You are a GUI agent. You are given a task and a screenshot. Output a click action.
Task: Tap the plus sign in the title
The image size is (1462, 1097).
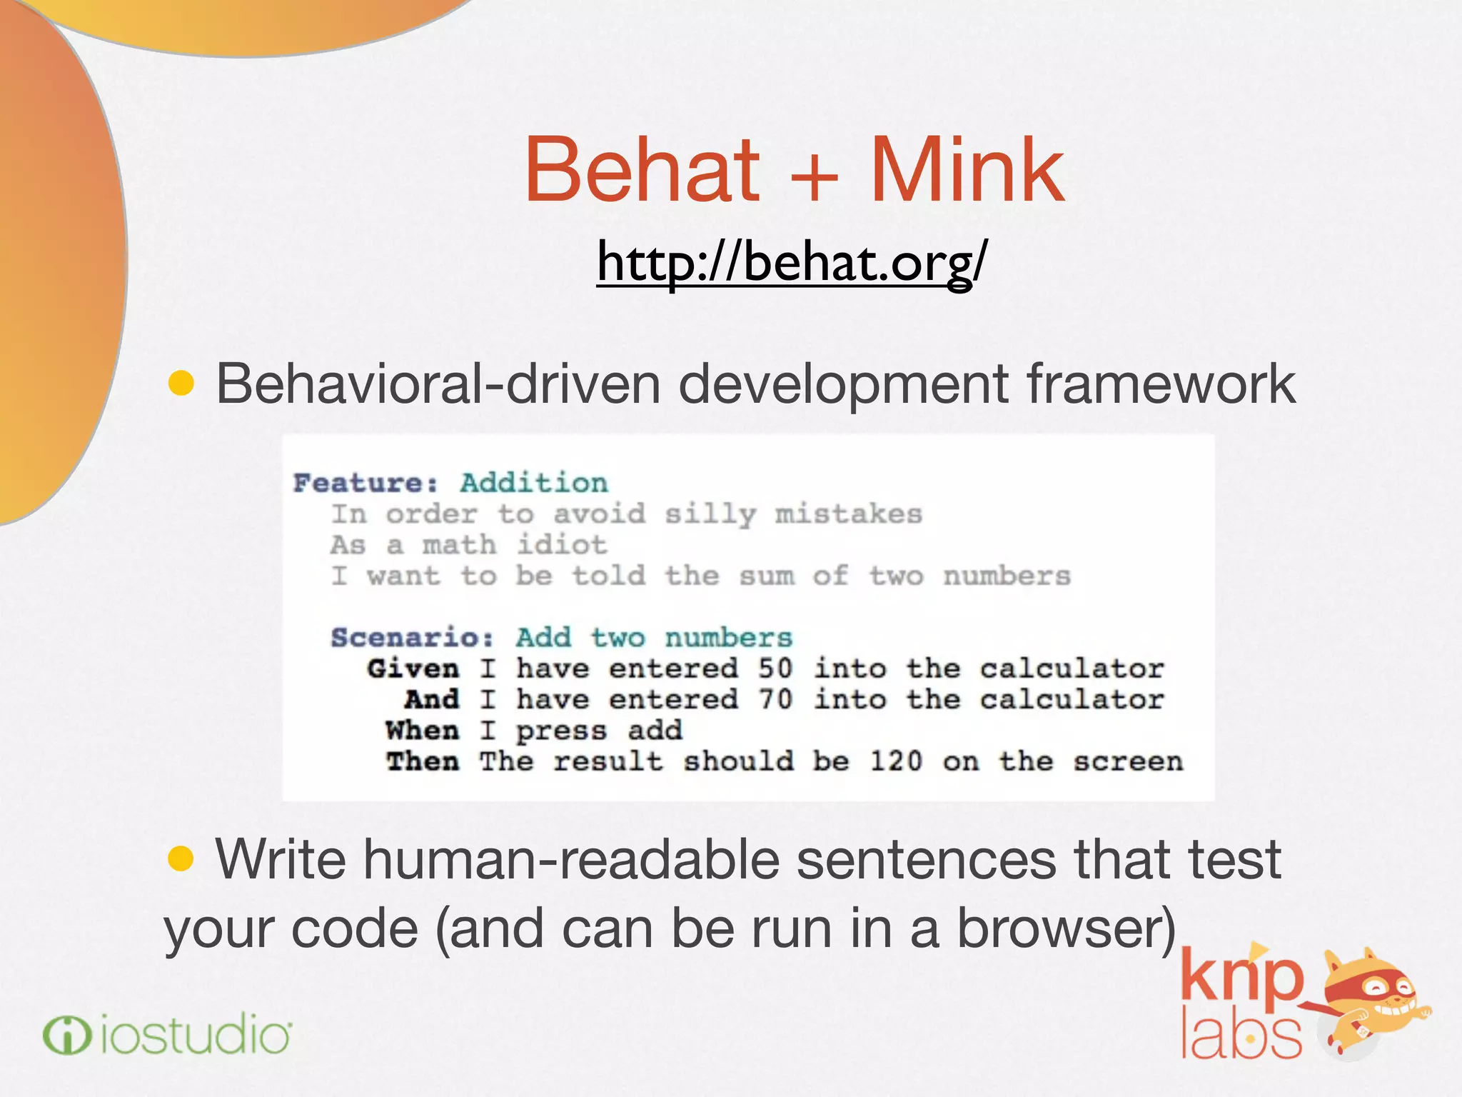tap(815, 175)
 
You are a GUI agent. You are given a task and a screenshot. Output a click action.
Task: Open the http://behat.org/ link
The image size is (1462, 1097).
tap(792, 263)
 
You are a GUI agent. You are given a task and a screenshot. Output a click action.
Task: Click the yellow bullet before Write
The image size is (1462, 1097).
tap(181, 858)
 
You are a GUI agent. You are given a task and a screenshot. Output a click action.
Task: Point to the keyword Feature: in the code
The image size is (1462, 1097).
tap(365, 484)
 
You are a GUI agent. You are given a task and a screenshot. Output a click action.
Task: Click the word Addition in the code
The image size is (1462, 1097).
tap(533, 484)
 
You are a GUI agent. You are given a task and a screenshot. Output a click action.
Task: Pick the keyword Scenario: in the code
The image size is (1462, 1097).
tap(412, 638)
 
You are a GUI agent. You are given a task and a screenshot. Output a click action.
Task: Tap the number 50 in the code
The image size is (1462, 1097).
tap(775, 669)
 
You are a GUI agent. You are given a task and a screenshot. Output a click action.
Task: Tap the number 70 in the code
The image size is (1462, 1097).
tap(775, 700)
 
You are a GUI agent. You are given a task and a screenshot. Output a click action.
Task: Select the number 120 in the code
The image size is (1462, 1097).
tap(896, 761)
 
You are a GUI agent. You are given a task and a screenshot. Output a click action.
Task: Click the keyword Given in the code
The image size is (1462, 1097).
tap(413, 669)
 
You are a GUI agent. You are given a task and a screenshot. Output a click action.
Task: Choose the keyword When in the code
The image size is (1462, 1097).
tap(422, 731)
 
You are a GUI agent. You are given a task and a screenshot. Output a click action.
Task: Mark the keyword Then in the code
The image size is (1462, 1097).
tap(423, 761)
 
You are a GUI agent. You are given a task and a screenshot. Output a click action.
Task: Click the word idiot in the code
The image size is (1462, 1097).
tap(562, 546)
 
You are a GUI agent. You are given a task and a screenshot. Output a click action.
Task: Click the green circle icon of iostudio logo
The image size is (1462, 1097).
tap(67, 1036)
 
